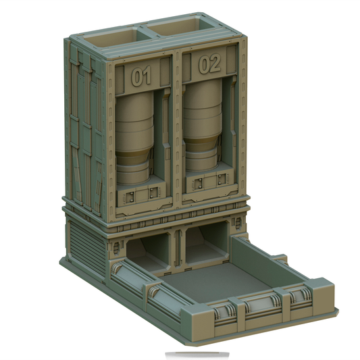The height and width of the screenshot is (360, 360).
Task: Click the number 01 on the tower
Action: click(x=141, y=77)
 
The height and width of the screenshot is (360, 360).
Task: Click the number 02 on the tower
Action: click(x=210, y=65)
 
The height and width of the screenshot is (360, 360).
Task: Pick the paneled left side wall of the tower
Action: click(x=86, y=135)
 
